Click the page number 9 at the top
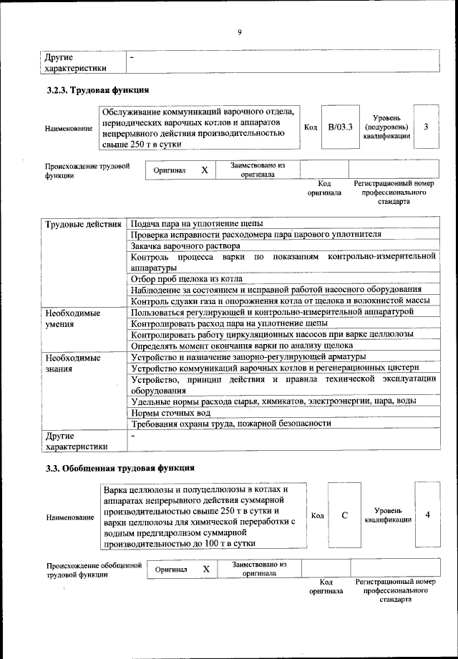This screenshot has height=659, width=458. (x=240, y=32)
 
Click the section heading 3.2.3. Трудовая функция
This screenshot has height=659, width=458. (x=97, y=90)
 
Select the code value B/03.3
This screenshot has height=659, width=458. (x=341, y=127)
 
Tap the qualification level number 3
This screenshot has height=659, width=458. (x=426, y=127)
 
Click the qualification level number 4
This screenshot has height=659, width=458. (x=427, y=515)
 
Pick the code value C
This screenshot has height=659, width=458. (x=344, y=515)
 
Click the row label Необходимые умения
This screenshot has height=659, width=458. (x=72, y=318)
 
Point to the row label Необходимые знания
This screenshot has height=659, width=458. (x=72, y=362)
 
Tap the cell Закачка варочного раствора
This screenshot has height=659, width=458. (x=185, y=245)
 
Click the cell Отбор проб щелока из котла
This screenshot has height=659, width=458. (x=187, y=278)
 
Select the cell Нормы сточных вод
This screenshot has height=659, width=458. (x=170, y=413)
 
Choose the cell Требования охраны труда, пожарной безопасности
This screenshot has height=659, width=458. (x=231, y=424)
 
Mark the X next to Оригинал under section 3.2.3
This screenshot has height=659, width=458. (x=204, y=170)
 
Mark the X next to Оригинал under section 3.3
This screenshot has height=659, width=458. (x=206, y=570)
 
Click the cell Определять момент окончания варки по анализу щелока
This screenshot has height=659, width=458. (x=243, y=344)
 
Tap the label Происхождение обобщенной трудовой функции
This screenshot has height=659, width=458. (x=94, y=570)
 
